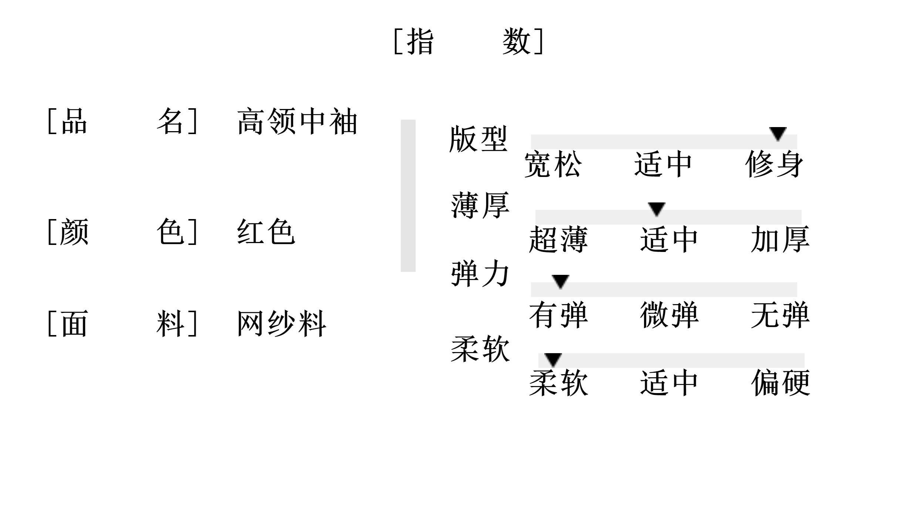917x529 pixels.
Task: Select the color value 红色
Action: coord(266,232)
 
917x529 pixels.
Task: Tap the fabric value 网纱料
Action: coord(281,324)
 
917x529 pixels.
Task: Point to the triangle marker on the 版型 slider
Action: coord(778,133)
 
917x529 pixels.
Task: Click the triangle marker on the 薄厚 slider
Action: coord(657,209)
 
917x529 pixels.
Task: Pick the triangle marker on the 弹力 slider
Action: coord(560,281)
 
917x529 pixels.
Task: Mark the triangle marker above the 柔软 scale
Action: coord(553,359)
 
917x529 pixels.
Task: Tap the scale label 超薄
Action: coord(558,240)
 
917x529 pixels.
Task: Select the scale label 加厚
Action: coord(780,240)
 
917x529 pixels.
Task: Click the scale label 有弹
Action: coord(558,315)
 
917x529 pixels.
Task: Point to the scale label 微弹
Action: coord(669,315)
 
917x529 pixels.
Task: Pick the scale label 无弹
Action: coord(780,315)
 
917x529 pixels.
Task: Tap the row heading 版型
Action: coord(478,139)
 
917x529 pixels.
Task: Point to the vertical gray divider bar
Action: coord(408,196)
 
